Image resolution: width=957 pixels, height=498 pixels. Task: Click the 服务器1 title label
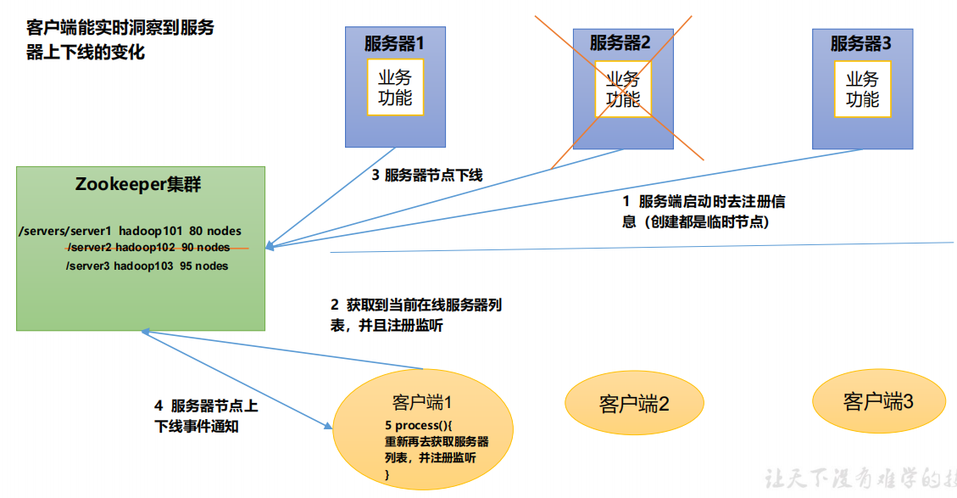(394, 42)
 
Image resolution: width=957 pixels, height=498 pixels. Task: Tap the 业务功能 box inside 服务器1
(395, 88)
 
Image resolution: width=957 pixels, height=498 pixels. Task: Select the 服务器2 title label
(620, 42)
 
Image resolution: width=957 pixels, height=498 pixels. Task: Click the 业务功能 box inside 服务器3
(862, 88)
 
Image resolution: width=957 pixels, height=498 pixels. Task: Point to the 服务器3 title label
(860, 42)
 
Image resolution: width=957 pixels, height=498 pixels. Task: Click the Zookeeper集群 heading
(138, 185)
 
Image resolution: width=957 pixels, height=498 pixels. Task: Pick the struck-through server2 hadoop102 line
(147, 248)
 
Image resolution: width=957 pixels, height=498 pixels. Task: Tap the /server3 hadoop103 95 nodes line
(147, 266)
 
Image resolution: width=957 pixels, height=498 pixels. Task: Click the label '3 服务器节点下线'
(427, 176)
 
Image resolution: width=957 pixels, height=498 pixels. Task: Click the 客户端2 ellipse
(634, 403)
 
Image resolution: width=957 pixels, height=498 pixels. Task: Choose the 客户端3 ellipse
(878, 401)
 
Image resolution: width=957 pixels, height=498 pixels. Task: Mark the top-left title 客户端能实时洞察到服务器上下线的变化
(120, 40)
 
